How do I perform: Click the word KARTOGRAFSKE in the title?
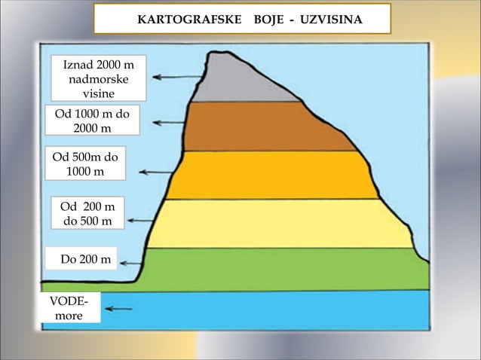pos(185,19)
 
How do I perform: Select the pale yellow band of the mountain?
pos(279,223)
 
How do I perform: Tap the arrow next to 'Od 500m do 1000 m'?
pos(155,172)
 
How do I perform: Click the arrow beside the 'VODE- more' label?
pos(118,308)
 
